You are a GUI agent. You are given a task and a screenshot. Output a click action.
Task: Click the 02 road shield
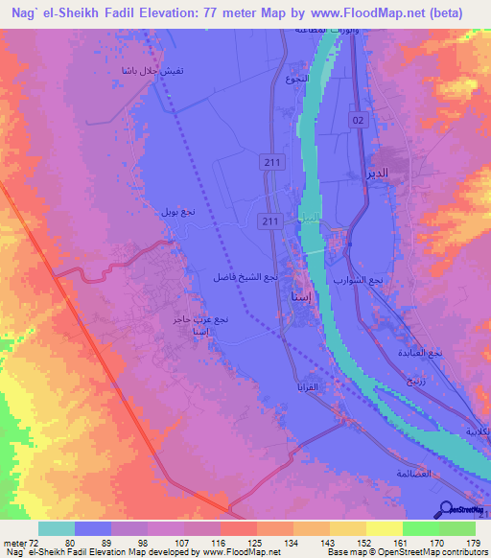(x=359, y=119)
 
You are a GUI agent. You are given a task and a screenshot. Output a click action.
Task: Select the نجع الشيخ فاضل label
(x=245, y=277)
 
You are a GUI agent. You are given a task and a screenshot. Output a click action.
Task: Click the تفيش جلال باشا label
(x=119, y=71)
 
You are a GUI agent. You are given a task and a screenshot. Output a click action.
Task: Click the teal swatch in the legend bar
(x=57, y=528)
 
